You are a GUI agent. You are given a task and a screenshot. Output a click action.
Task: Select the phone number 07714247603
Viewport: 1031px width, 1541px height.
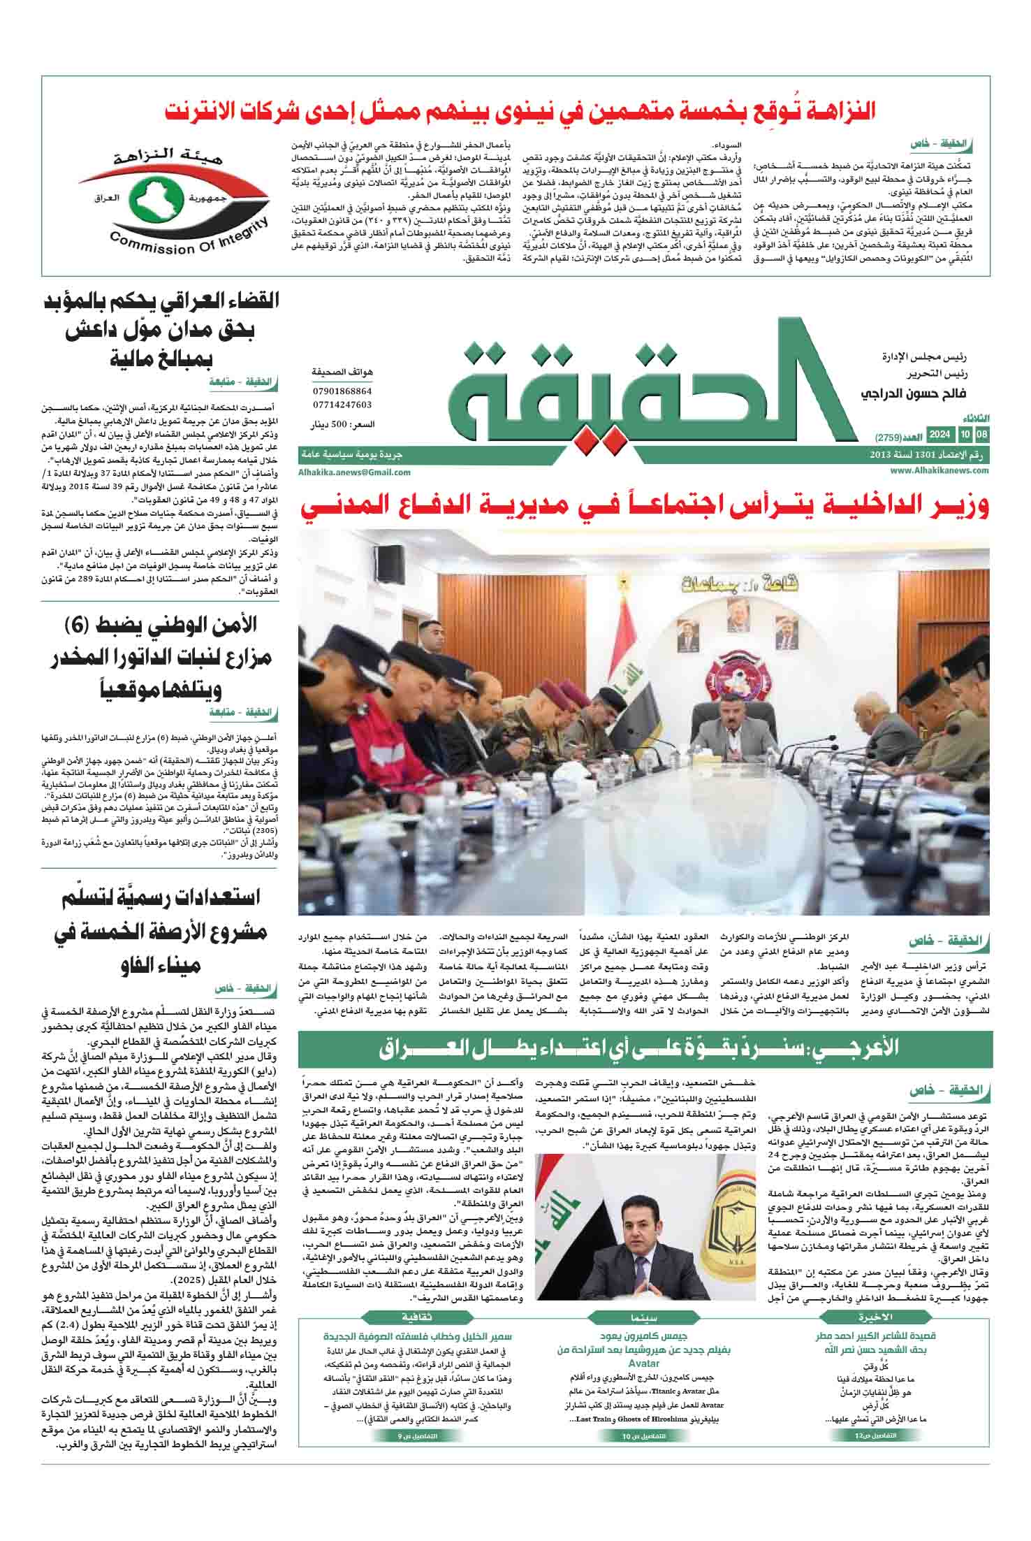(342, 405)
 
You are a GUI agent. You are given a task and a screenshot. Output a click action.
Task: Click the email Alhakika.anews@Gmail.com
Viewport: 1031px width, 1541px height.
(353, 472)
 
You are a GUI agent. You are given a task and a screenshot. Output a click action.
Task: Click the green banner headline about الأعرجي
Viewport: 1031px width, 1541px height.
(645, 1048)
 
